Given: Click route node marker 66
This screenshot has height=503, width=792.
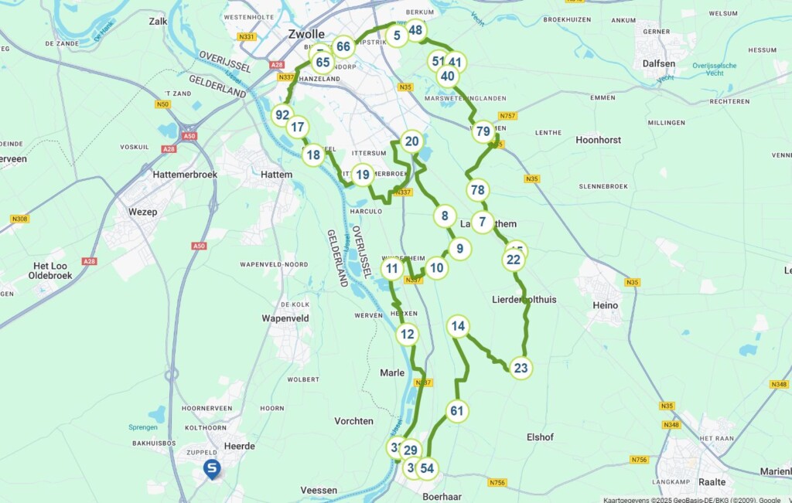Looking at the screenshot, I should [x=343, y=46].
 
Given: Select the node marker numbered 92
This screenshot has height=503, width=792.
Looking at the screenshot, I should [x=282, y=115].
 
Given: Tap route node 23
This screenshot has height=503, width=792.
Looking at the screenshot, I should [x=521, y=369].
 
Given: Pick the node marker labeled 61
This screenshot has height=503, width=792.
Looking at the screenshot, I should [x=457, y=410].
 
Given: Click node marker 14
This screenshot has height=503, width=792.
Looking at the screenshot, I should [x=459, y=327].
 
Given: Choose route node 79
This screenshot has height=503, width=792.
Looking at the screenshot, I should [x=483, y=131].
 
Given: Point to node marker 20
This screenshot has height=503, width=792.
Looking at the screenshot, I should [x=411, y=141].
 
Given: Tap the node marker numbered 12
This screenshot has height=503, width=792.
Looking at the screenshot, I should [x=408, y=335].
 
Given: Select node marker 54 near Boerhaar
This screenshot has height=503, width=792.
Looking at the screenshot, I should [x=428, y=468].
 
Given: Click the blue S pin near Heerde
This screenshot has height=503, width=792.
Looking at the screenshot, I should [x=211, y=468].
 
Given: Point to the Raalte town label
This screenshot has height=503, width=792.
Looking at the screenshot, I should [x=712, y=481].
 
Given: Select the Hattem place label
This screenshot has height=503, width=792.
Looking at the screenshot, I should [x=277, y=175].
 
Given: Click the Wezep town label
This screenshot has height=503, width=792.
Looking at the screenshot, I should [x=142, y=212].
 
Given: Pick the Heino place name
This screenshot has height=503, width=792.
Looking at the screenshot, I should [x=605, y=305].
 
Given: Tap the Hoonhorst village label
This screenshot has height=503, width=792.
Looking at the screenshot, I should [x=599, y=140].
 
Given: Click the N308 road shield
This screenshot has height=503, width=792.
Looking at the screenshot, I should [x=19, y=219].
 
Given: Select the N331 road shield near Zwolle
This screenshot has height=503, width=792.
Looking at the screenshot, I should [x=247, y=36].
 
